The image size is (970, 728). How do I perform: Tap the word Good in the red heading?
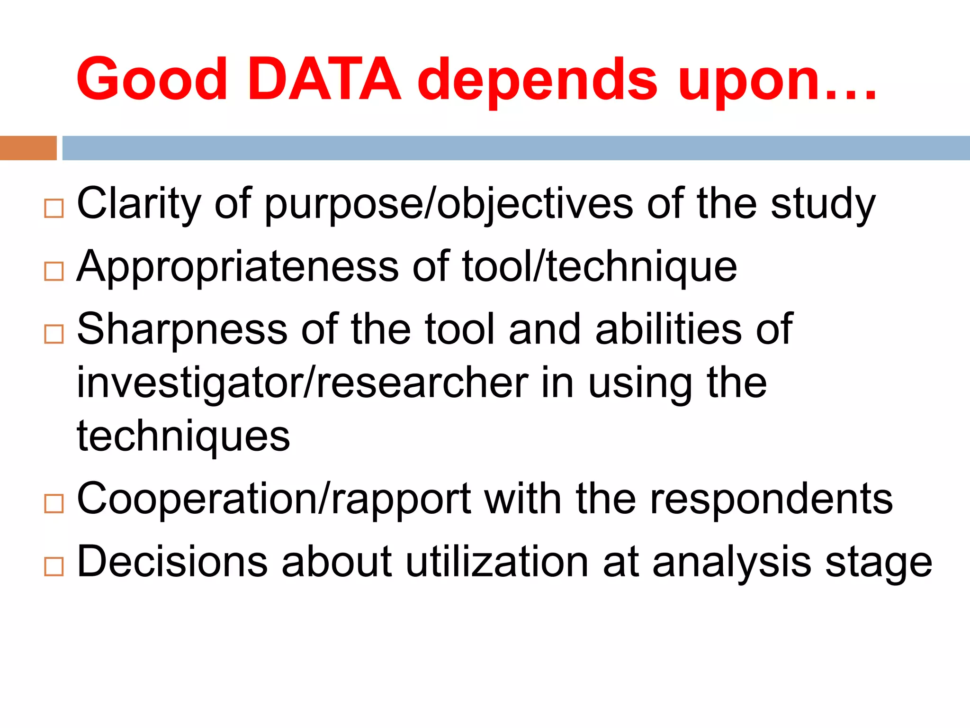point(152,80)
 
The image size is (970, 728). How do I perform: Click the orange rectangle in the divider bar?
point(28,148)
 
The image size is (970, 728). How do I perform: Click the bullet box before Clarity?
point(54,208)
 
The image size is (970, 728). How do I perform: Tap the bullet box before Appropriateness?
point(54,271)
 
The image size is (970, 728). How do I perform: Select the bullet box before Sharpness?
point(54,334)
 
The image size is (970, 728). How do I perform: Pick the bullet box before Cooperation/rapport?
point(54,503)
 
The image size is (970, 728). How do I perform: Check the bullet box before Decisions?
point(54,566)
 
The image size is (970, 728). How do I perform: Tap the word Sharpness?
point(182,329)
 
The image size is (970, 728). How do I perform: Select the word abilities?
point(668,329)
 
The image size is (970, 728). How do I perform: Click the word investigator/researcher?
point(303,383)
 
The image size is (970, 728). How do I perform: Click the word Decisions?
point(172,562)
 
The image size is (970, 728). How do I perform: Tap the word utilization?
point(497,562)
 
